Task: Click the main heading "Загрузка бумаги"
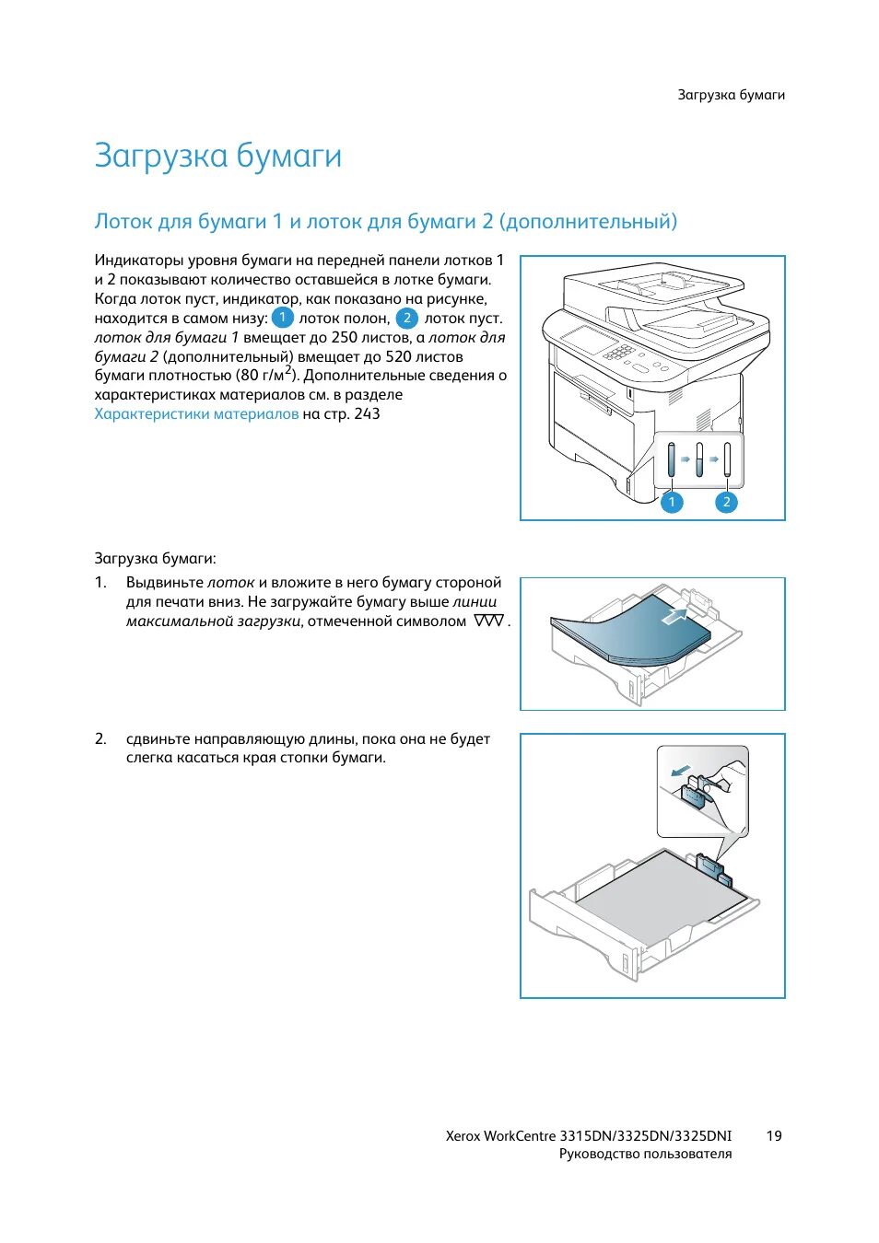tap(217, 156)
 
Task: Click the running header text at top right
tap(731, 95)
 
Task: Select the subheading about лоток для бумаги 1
tap(385, 221)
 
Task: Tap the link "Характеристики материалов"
tap(196, 414)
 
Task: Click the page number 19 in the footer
tap(773, 1135)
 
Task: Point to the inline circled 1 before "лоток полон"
tap(283, 318)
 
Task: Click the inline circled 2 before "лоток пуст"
tap(406, 318)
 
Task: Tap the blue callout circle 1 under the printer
tap(672, 502)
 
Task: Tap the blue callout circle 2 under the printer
tap(726, 502)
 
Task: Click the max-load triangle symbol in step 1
tap(488, 621)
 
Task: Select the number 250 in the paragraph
tap(344, 337)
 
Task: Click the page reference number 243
tap(367, 414)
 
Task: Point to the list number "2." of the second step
tap(100, 738)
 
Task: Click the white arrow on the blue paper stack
tap(675, 615)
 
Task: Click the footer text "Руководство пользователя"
tap(645, 1154)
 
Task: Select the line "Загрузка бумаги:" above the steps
tap(155, 558)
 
